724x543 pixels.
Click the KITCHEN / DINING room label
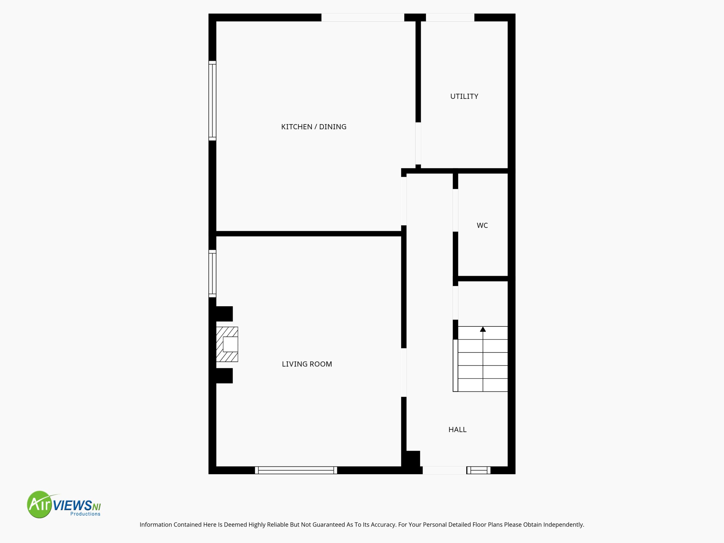[314, 127]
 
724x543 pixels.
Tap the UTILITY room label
[464, 96]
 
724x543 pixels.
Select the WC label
[482, 225]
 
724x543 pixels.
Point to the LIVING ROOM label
[307, 364]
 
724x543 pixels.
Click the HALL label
[457, 429]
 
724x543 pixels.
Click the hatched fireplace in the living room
[227, 344]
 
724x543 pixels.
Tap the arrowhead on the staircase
[483, 329]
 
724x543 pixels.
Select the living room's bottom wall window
[296, 470]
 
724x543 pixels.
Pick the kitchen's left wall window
[212, 101]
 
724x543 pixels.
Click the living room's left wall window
[212, 274]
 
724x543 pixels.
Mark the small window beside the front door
[479, 470]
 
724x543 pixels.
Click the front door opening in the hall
[445, 470]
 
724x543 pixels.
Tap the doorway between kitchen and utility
[418, 143]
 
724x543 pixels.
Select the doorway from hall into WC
[455, 210]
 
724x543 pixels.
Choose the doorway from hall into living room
[404, 372]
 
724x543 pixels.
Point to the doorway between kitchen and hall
[404, 201]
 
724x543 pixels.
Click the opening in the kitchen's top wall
[363, 17]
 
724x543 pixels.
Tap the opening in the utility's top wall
[450, 17]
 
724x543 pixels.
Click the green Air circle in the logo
[40, 504]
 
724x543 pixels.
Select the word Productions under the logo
[85, 514]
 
